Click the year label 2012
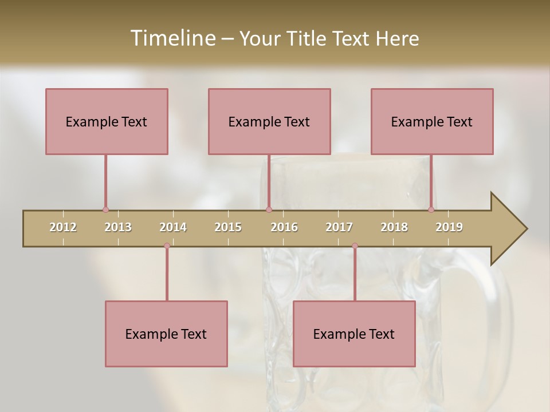pyautogui.click(x=63, y=227)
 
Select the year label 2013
pyautogui.click(x=118, y=227)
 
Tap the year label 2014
pyautogui.click(x=173, y=227)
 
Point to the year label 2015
pyautogui.click(x=228, y=227)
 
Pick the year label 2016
pyautogui.click(x=284, y=227)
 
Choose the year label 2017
pyautogui.click(x=339, y=227)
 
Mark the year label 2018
pyautogui.click(x=394, y=227)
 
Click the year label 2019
pyautogui.click(x=449, y=227)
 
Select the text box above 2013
pyautogui.click(x=107, y=121)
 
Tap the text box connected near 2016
pyautogui.click(x=269, y=121)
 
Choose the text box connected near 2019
pyautogui.click(x=432, y=121)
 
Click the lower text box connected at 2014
pyautogui.click(x=166, y=334)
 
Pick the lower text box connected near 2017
pyautogui.click(x=354, y=334)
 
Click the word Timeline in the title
pyautogui.click(x=172, y=38)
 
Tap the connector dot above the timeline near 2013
pyautogui.click(x=105, y=210)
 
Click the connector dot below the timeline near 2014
pyautogui.click(x=167, y=246)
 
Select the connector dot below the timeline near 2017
pyautogui.click(x=355, y=246)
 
